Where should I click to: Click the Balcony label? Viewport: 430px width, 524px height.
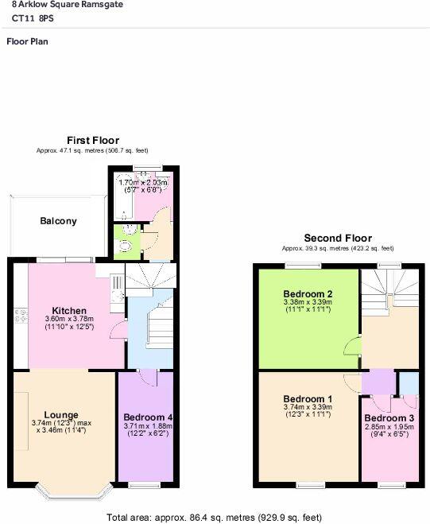pyautogui.click(x=59, y=221)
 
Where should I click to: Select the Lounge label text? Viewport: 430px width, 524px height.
pyautogui.click(x=60, y=414)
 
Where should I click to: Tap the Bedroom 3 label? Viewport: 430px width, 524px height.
pyautogui.click(x=389, y=418)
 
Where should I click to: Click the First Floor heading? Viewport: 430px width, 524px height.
pyautogui.click(x=92, y=141)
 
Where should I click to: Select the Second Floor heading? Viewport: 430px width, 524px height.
pyautogui.click(x=338, y=238)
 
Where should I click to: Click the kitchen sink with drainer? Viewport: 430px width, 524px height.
pyautogui.click(x=115, y=291)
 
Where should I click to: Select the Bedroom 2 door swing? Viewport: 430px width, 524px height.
pyautogui.click(x=350, y=345)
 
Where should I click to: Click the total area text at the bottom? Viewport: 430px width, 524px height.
pyautogui.click(x=214, y=517)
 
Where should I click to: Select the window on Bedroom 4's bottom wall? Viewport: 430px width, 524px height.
pyautogui.click(x=144, y=485)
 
